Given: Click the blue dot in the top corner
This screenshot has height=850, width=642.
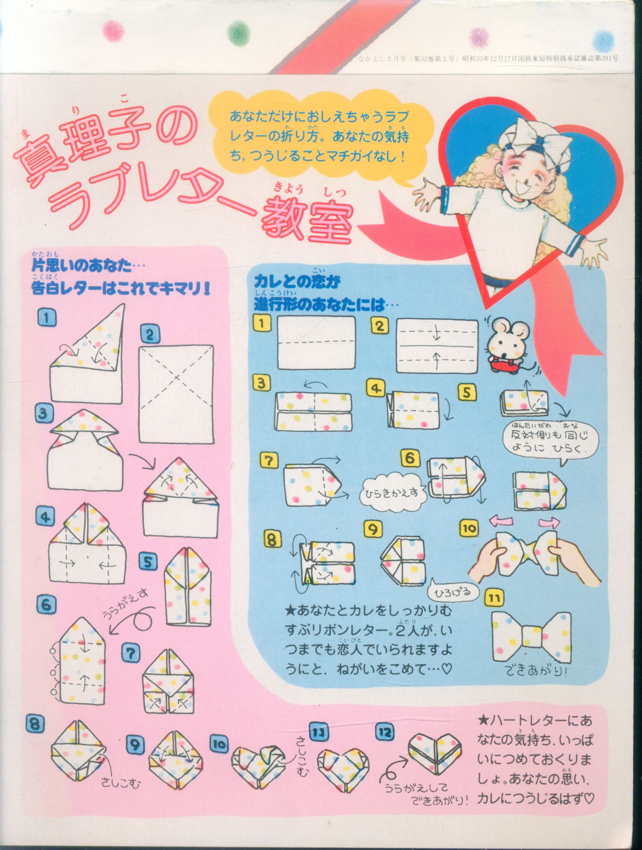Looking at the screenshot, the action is pos(604,40).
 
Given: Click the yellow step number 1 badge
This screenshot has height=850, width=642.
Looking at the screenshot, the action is pos(262,324).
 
